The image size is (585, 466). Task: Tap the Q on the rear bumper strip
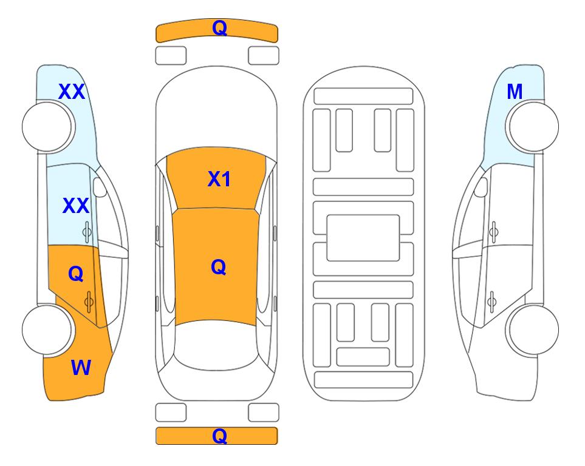click(219, 436)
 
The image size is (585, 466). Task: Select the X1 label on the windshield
click(219, 179)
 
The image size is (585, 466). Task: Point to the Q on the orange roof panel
click(218, 267)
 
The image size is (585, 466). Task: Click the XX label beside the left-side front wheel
click(72, 92)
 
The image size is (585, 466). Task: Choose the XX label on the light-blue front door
click(76, 206)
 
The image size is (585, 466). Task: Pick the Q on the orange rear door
click(76, 274)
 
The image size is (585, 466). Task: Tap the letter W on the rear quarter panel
click(81, 368)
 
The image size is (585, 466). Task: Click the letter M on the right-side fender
click(515, 92)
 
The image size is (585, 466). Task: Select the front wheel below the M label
click(532, 127)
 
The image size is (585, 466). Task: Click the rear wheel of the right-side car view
click(532, 329)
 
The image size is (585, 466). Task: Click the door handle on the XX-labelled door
click(87, 232)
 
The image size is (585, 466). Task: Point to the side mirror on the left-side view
click(100, 187)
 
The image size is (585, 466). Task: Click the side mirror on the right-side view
click(481, 187)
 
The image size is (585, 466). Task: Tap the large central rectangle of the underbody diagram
click(363, 238)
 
